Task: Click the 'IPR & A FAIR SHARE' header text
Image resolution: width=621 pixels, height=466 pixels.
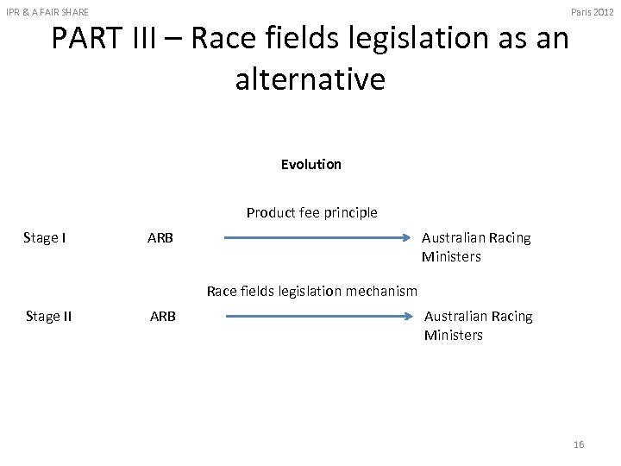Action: (47, 9)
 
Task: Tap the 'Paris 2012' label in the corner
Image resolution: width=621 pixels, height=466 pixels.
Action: (593, 9)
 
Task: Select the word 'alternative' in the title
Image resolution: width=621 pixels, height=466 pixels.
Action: (310, 79)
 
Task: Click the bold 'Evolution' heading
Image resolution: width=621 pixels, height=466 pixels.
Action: (310, 164)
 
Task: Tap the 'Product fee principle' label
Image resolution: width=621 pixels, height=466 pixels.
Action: (311, 212)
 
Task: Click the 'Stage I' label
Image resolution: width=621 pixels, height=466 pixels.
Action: (46, 237)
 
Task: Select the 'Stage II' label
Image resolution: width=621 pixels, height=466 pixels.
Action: (48, 316)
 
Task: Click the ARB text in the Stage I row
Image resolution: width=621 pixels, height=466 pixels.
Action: (160, 237)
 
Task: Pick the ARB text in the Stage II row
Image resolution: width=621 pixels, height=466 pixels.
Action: (162, 316)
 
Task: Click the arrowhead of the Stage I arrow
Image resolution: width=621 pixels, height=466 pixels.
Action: (408, 237)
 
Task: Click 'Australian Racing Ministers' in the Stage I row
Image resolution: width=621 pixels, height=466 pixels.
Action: (476, 247)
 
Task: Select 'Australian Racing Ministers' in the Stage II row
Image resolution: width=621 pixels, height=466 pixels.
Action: (478, 325)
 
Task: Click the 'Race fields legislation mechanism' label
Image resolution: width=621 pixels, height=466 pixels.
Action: (311, 291)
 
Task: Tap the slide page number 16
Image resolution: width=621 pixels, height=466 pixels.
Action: (578, 444)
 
